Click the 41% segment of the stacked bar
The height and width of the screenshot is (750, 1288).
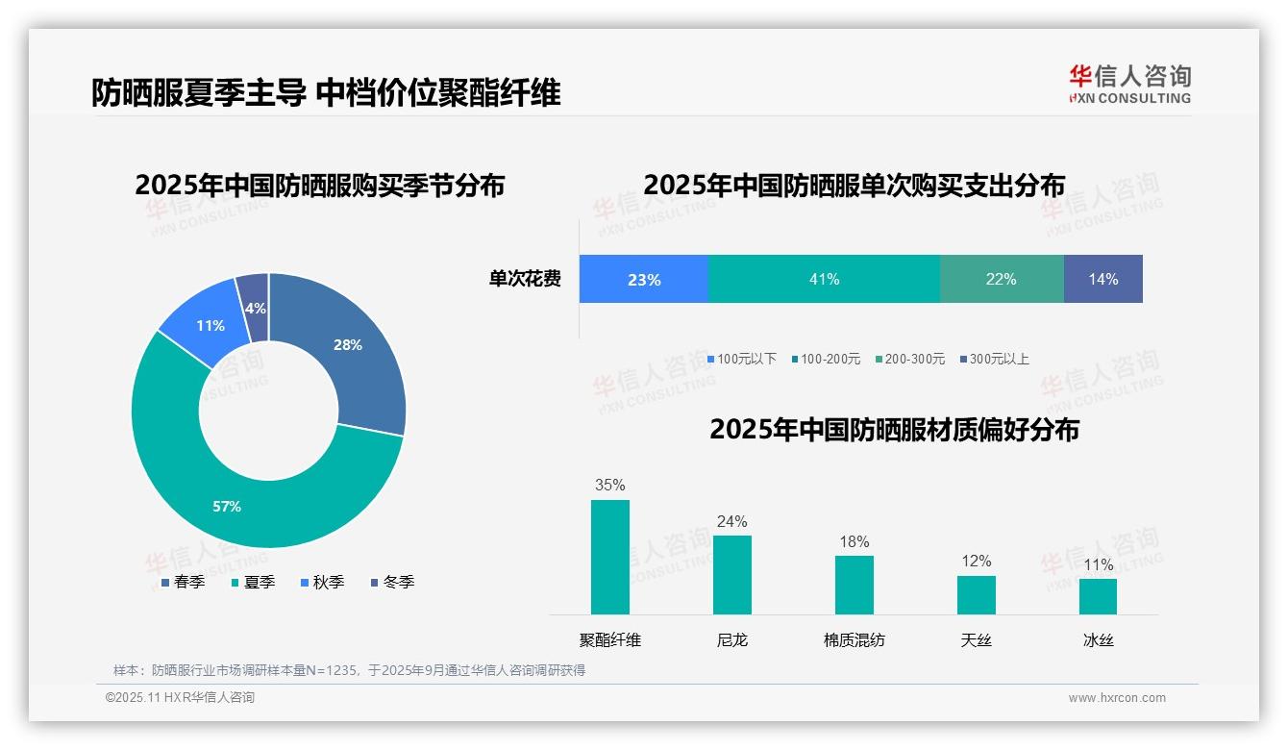(x=824, y=279)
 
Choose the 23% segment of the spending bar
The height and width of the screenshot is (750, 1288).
(x=643, y=279)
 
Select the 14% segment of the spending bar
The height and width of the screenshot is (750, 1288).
(x=1102, y=279)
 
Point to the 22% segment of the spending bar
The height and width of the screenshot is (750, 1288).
(x=1001, y=279)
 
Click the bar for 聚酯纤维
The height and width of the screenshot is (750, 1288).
(x=609, y=557)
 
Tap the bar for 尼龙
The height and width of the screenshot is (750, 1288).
(x=731, y=574)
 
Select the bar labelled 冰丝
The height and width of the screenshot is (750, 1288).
(x=1098, y=596)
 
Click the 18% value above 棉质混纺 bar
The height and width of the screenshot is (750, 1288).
(x=854, y=542)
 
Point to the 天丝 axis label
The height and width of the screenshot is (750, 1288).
(x=976, y=639)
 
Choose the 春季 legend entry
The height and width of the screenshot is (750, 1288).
(x=183, y=582)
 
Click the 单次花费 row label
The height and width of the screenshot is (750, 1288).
(x=525, y=279)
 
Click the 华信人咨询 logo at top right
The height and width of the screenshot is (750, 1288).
(x=1129, y=84)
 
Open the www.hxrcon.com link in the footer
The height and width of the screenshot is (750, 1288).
(x=1117, y=698)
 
